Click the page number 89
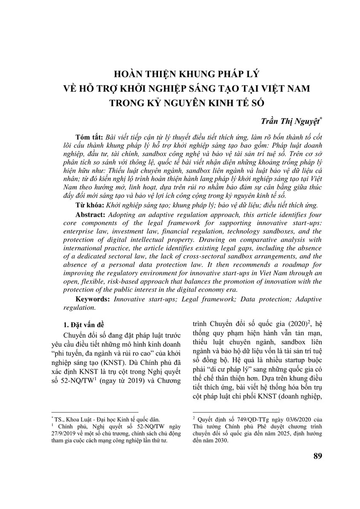point(317,456)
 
